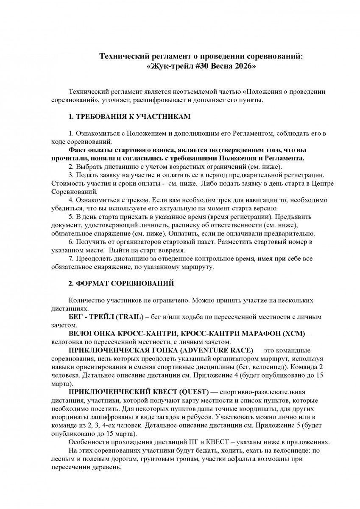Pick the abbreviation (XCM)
(x=292, y=334)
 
